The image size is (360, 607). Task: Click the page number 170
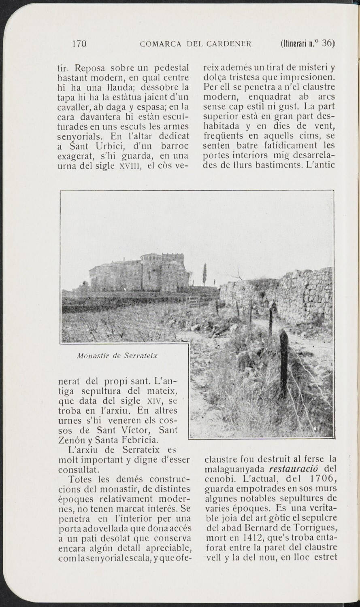click(79, 44)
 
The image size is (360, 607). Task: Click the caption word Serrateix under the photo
click(141, 356)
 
